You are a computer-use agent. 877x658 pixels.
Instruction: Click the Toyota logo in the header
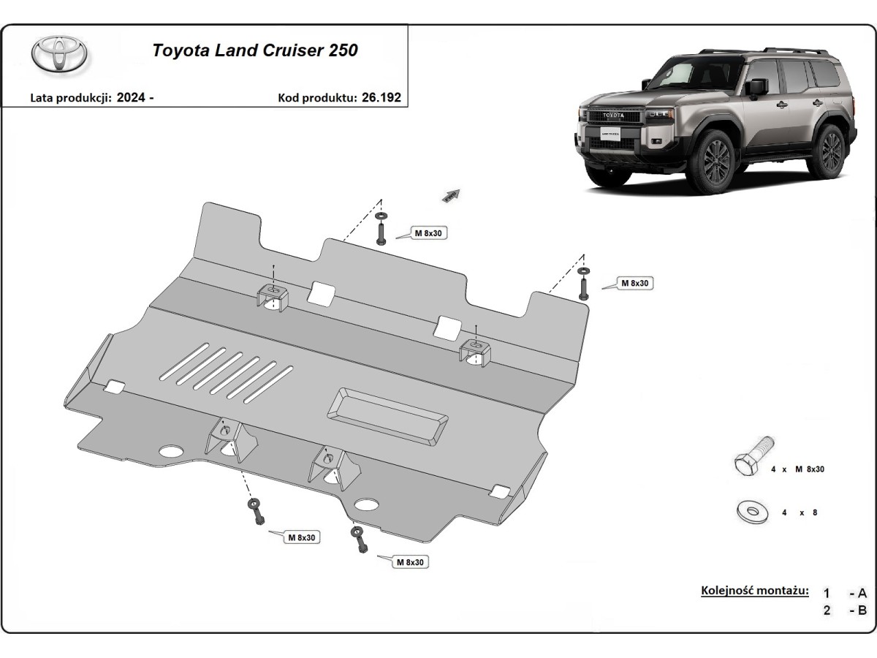point(59,56)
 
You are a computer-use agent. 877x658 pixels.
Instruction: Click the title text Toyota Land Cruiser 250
point(254,50)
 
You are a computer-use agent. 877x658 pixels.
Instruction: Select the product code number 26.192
point(381,97)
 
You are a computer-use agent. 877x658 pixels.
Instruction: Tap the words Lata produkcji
point(70,97)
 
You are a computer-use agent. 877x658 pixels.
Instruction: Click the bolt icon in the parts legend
point(752,458)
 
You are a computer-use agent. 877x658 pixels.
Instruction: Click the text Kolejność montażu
point(754,590)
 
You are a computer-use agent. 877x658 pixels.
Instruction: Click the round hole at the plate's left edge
point(171,451)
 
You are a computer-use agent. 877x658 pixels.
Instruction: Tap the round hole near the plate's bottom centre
point(366,504)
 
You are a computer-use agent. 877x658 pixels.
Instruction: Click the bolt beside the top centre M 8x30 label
point(381,231)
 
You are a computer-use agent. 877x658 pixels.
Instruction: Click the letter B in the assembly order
point(862,610)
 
